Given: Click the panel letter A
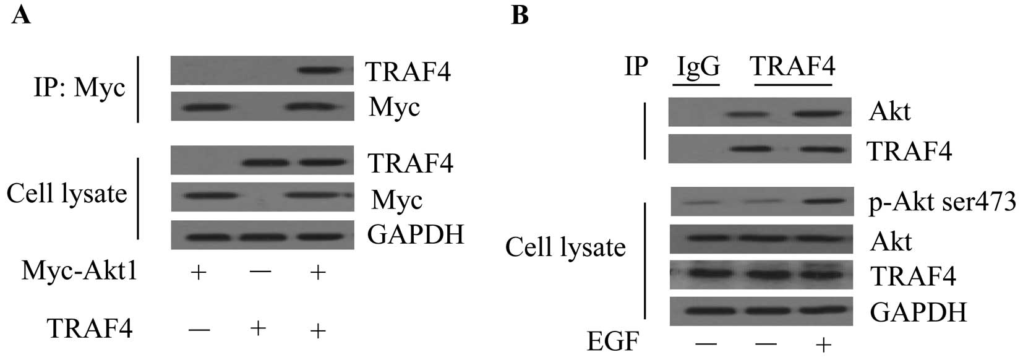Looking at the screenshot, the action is click(21, 14).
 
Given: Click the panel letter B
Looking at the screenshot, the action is click(520, 14).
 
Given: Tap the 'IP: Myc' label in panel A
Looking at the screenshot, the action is click(79, 88).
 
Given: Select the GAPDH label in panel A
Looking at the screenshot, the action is click(415, 234).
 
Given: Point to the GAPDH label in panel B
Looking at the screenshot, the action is click(918, 312).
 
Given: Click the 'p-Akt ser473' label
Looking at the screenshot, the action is click(942, 202).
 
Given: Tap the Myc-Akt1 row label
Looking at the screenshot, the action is click(79, 271).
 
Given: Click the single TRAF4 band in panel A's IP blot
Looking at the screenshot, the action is click(318, 70).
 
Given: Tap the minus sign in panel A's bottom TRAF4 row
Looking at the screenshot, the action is click(199, 330).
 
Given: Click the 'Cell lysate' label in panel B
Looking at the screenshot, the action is click(565, 247).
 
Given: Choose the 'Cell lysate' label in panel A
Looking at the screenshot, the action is click(67, 194).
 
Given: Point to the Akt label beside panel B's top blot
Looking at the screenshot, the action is click(889, 112).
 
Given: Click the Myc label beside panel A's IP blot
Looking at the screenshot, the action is click(394, 107).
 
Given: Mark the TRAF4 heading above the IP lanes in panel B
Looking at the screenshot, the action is click(793, 66).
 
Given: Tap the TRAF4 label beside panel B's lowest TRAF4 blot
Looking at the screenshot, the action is click(912, 275).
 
